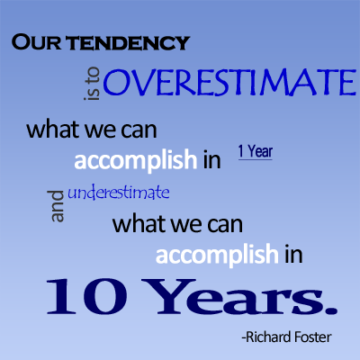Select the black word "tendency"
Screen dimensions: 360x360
(x=128, y=43)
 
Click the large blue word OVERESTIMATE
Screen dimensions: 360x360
(x=229, y=82)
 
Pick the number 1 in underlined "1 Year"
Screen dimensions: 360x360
(x=241, y=151)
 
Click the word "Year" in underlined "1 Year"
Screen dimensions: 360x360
(x=260, y=151)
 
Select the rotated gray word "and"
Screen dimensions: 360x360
(x=58, y=206)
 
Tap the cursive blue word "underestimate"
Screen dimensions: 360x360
(x=119, y=193)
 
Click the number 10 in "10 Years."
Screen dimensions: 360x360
(x=86, y=296)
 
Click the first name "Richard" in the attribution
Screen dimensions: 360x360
(x=268, y=337)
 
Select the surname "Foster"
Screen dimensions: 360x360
(x=313, y=337)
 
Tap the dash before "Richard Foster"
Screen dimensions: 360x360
(x=244, y=338)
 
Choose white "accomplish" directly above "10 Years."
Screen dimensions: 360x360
(x=217, y=256)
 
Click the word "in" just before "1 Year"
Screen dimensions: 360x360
(x=212, y=159)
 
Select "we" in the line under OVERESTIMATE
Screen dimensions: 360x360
(x=100, y=131)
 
